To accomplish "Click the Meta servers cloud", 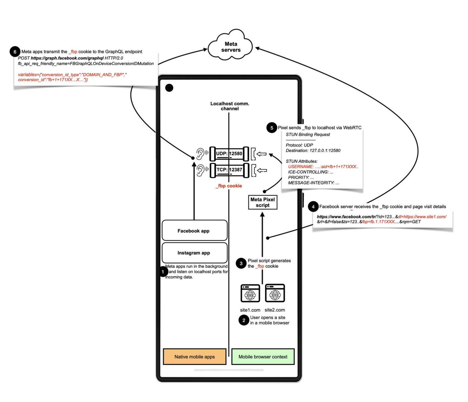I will pyautogui.click(x=230, y=47).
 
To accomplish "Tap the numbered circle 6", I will pyautogui.click(x=15, y=52).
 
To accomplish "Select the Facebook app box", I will pyautogui.click(x=194, y=230).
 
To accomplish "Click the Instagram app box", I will pyautogui.click(x=194, y=253).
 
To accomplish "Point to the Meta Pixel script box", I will pyautogui.click(x=263, y=202).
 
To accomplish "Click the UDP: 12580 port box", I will pyautogui.click(x=229, y=154).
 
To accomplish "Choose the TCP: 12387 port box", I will pyautogui.click(x=229, y=170).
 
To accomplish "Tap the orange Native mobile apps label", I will pyautogui.click(x=194, y=356).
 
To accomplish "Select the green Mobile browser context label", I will pyautogui.click(x=263, y=356).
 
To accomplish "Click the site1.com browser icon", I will pyautogui.click(x=250, y=293).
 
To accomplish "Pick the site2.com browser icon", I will pyautogui.click(x=275, y=293).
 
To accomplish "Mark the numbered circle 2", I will pyautogui.click(x=244, y=320).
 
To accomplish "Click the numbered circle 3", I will pyautogui.click(x=241, y=263).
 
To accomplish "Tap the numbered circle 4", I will pyautogui.click(x=313, y=206).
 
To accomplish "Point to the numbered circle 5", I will pyautogui.click(x=272, y=128).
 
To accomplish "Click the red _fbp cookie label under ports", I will pyautogui.click(x=229, y=186).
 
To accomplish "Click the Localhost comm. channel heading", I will pyautogui.click(x=230, y=106).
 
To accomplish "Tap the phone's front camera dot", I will pyautogui.click(x=169, y=88).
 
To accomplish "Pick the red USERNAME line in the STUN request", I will pyautogui.click(x=323, y=167).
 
